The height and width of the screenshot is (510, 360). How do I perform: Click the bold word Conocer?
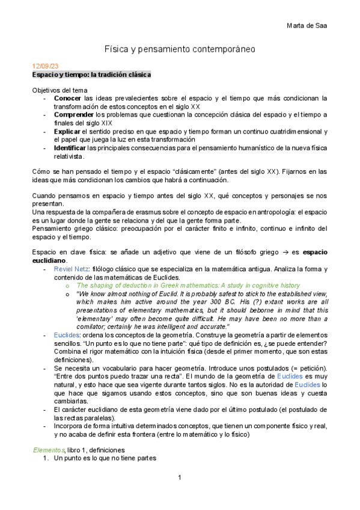tap(68, 97)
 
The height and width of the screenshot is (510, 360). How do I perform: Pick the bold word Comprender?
tap(73, 114)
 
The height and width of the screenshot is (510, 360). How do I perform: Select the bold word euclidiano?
tap(50, 261)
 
